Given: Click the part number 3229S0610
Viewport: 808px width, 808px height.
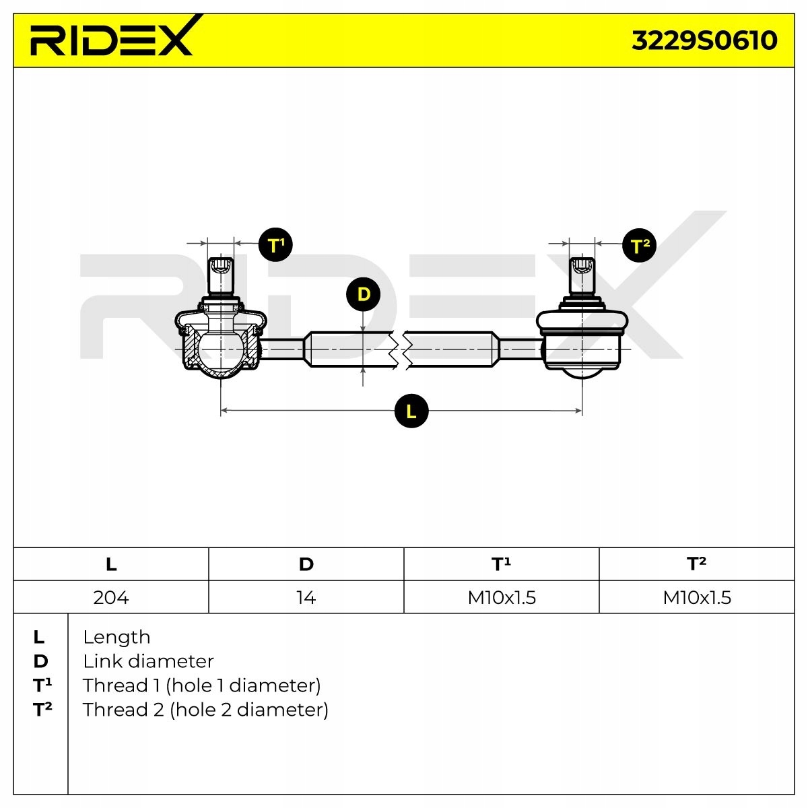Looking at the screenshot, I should [704, 40].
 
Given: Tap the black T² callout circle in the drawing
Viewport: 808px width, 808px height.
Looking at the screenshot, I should [639, 246].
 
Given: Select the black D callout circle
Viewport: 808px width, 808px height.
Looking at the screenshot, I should [363, 295].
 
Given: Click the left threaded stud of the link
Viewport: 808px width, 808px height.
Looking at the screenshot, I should [221, 277].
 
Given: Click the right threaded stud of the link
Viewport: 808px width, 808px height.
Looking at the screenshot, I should [582, 277].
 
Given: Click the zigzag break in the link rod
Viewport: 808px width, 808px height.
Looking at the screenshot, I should [399, 349].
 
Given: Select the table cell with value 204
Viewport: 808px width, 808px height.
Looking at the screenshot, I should [111, 597].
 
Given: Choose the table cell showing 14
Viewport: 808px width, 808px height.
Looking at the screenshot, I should [306, 597].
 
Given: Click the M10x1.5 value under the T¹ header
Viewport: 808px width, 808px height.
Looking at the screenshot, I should [502, 597].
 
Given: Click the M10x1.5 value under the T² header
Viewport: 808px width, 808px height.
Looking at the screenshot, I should [697, 597].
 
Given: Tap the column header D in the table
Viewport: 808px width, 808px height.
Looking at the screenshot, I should [306, 564].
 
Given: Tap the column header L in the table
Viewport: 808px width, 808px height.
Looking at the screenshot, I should [111, 564].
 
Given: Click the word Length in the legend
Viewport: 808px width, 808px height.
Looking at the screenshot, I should [116, 637].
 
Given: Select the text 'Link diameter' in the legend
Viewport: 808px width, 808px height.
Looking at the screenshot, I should [148, 661].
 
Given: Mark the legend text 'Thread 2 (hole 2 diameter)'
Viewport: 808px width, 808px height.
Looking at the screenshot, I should [205, 710].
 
